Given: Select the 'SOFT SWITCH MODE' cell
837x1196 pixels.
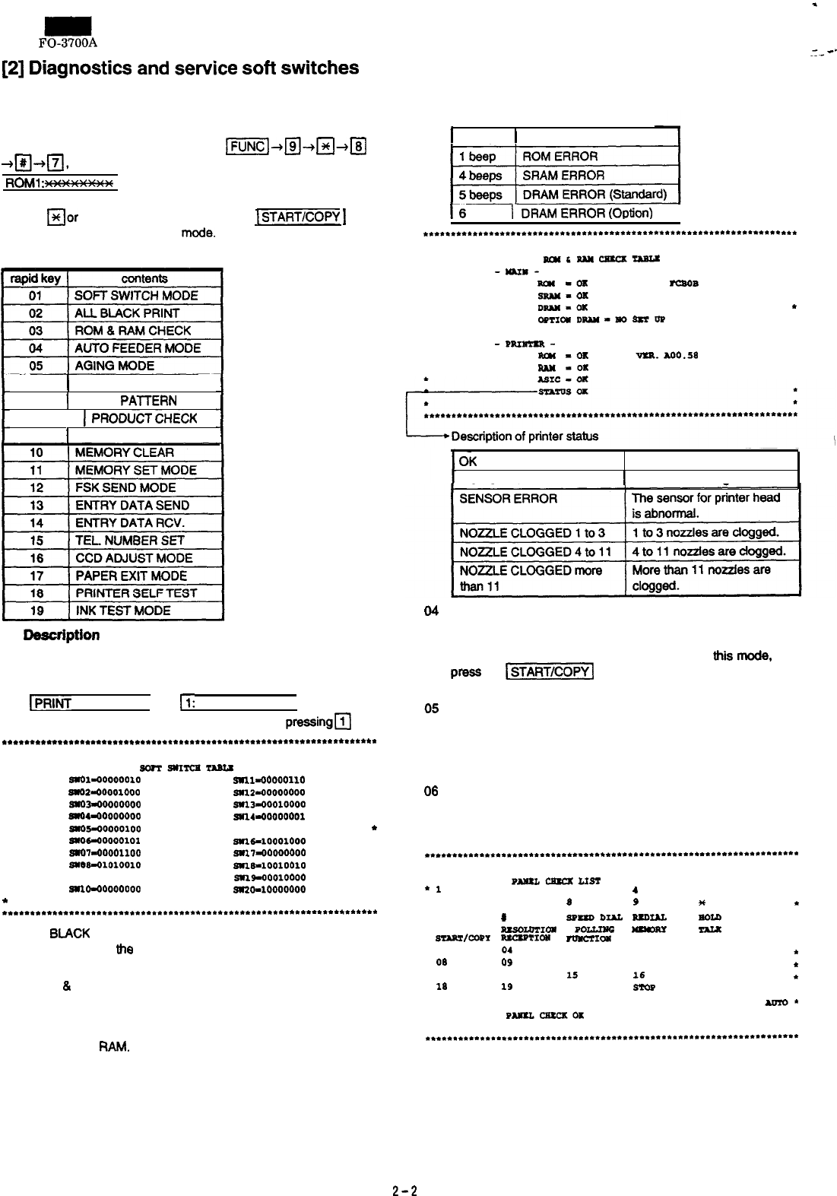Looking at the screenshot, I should (x=136, y=296).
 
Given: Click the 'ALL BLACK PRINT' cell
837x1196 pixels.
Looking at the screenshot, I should (x=127, y=313).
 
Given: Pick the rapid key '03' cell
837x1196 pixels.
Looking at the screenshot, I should (x=36, y=331).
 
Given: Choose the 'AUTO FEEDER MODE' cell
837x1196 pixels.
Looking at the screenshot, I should (x=138, y=348).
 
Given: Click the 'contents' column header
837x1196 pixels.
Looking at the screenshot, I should (x=144, y=279).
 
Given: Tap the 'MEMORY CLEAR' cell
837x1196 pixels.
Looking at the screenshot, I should (x=124, y=453).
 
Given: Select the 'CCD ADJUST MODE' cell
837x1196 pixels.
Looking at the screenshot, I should (x=134, y=558).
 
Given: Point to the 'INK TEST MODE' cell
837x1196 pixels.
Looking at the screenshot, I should (x=122, y=611).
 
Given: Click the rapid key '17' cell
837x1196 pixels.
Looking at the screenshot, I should (x=36, y=576).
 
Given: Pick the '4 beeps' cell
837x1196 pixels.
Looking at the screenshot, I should (x=480, y=176).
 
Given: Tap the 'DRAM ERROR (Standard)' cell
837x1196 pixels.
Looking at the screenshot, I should (x=594, y=195).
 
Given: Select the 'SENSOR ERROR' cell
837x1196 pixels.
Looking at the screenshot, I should (x=509, y=499).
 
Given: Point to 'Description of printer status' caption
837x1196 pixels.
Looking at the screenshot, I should (x=525, y=436).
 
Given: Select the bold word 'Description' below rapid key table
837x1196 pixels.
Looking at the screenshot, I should (x=62, y=635).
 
